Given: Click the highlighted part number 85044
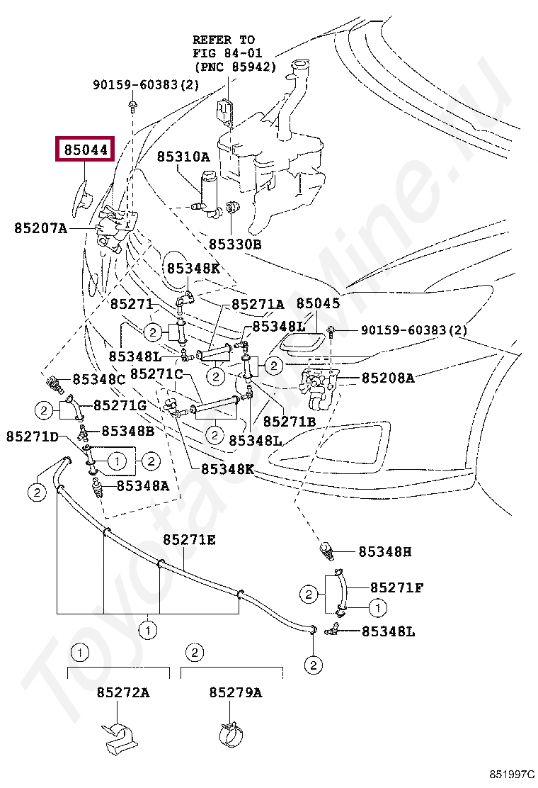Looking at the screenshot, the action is point(85,150).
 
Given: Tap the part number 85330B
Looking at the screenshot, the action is point(235,244).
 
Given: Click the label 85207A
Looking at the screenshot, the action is point(40,227).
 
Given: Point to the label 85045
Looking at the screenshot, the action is point(318,303).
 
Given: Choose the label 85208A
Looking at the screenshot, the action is point(388,378).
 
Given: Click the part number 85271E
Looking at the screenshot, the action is point(189,540).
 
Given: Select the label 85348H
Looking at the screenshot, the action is point(384,551).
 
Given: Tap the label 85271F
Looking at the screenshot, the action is point(397,587).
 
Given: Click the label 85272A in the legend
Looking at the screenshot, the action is point(123,692).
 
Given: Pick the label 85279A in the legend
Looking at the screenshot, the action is point(235,692).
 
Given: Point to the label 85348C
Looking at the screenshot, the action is point(98,379).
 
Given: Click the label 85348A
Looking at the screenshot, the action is point(143,485).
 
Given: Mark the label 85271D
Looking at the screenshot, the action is point(33,437).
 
